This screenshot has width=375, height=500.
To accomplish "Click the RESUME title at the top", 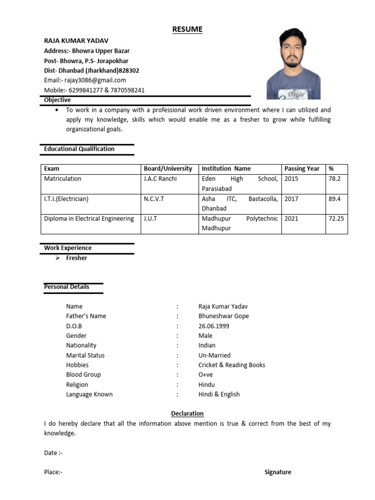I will coord(187,30).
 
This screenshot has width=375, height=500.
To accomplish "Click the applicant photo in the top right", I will coord(293,63).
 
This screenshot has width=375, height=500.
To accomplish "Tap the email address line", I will coord(85,80).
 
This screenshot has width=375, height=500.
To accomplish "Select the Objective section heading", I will coord(57,100).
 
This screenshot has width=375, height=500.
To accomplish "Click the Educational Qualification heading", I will coord(79,149).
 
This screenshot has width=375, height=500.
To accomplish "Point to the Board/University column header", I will coord(168,168).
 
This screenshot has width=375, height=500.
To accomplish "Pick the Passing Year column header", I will coord(302,168).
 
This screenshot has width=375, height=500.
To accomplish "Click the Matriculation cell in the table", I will coord(62,179).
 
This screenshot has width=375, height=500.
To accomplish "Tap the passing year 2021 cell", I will coord(291,219).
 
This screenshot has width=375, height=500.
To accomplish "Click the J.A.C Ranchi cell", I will coord(160,179).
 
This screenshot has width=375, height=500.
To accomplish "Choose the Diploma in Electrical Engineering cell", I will coord(89,219).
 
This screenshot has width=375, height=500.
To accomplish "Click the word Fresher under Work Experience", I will coord(77,258).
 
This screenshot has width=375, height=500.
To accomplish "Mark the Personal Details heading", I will coord(66,287).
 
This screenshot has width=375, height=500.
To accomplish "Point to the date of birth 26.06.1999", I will coord(214,326).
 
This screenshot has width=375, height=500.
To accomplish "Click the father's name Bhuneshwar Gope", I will coord(224,316).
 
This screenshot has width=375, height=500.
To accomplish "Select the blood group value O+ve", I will coord(206,375).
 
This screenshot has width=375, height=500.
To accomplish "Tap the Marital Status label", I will coord(85,355).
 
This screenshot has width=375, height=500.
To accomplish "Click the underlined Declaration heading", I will coord(187,414).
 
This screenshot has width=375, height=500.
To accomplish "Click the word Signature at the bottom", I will coord(278,472).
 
